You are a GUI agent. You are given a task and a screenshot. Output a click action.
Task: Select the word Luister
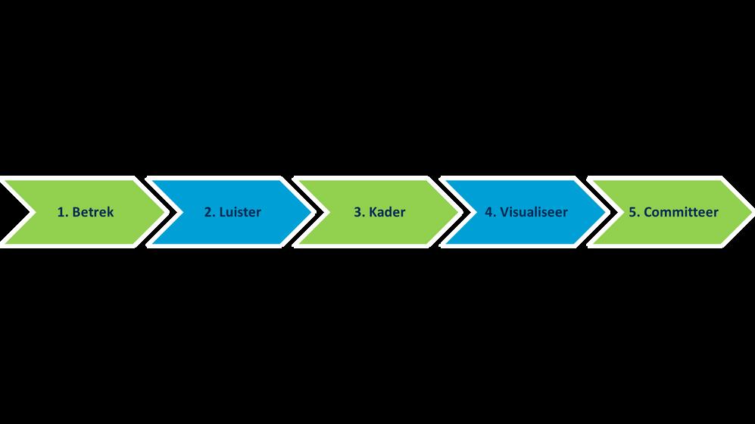click(239, 212)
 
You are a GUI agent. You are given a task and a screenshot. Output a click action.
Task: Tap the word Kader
click(386, 212)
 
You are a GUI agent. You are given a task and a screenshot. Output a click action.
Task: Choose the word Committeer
click(681, 212)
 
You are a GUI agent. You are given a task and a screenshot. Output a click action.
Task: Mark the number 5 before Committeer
click(632, 212)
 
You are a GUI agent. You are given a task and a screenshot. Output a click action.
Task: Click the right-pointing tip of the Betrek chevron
click(162, 212)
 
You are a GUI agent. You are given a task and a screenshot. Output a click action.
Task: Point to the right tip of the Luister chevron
click(309, 212)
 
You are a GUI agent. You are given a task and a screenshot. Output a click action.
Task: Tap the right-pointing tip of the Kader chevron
click(456, 212)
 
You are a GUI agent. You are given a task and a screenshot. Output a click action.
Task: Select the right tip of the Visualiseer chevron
click(604, 212)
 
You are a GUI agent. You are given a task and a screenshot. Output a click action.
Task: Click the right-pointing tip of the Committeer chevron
click(750, 212)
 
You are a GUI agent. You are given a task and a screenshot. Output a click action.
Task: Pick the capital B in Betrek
click(75, 212)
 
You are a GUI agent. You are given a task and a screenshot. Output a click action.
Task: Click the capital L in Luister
click(222, 212)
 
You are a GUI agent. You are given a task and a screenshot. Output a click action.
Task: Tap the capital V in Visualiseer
click(504, 212)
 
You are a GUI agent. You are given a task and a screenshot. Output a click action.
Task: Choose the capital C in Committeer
click(648, 212)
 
